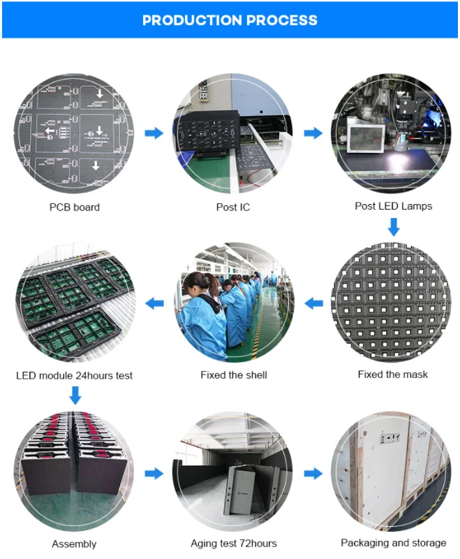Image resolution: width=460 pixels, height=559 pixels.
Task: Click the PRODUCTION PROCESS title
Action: tap(230, 20)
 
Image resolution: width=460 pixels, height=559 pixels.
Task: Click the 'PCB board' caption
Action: tap(74, 207)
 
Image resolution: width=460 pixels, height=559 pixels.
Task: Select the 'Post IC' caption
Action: tap(233, 207)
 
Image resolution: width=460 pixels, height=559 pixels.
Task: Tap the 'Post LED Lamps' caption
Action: tap(393, 206)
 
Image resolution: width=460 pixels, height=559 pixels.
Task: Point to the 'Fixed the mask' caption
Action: tap(392, 375)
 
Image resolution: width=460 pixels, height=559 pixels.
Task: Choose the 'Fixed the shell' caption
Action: tap(233, 375)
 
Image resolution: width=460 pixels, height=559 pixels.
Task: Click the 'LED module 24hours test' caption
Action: tap(74, 375)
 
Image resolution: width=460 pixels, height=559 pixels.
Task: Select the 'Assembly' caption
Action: tap(74, 544)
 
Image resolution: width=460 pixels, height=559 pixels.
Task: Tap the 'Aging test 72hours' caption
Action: tap(233, 543)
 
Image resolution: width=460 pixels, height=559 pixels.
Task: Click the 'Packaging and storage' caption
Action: tap(393, 542)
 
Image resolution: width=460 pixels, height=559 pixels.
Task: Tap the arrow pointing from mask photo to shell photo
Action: tap(313, 303)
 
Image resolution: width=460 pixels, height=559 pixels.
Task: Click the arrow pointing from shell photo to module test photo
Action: tap(154, 303)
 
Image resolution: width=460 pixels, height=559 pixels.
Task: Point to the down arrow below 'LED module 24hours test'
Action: tap(75, 396)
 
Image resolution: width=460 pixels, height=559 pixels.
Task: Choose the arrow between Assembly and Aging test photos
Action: tap(154, 474)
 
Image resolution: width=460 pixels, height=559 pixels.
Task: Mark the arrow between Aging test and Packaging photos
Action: tap(313, 474)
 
